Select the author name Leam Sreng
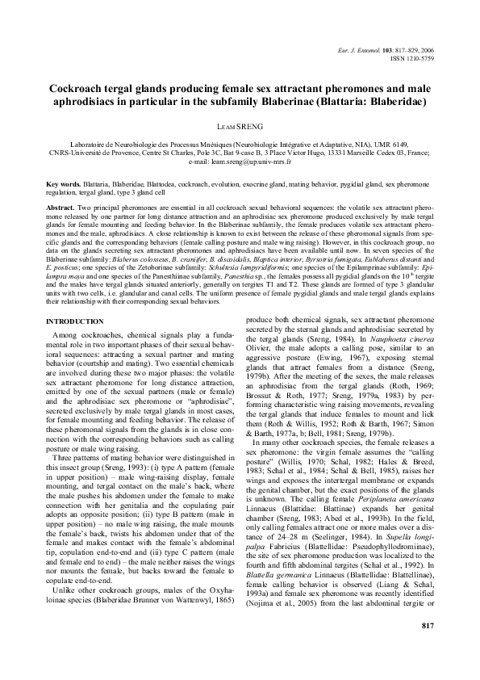point(240,126)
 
